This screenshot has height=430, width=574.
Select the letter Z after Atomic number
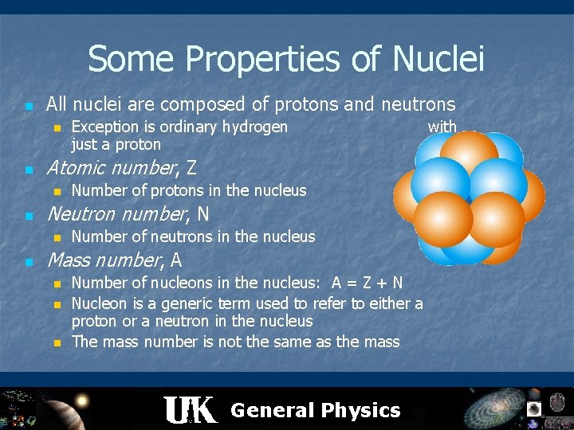click(x=191, y=168)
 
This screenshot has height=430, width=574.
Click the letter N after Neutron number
click(x=203, y=214)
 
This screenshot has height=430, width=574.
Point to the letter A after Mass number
click(x=176, y=260)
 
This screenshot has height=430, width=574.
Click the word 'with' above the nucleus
click(x=442, y=127)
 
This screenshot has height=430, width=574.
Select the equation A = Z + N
click(x=368, y=283)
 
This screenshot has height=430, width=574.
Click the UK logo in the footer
click(x=190, y=410)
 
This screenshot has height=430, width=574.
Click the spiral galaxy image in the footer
click(x=494, y=408)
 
